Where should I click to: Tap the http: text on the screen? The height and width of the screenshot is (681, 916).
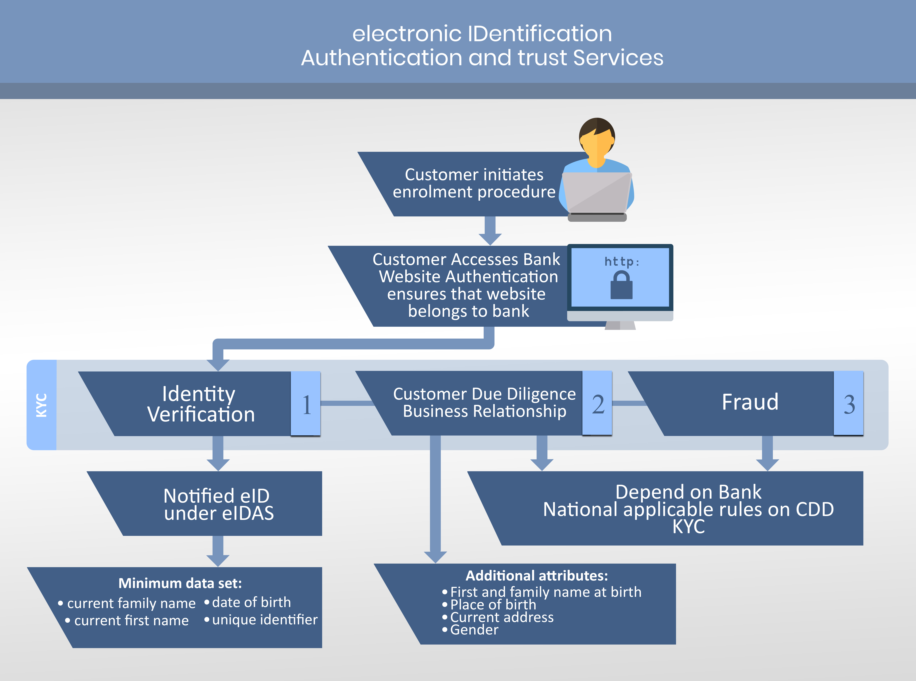coord(622,261)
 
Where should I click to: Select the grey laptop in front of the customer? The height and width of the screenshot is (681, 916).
coord(596,194)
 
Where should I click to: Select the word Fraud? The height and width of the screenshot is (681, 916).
coord(750,402)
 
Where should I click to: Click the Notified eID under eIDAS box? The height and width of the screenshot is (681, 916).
coord(219,504)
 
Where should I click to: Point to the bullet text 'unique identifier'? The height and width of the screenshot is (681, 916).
coord(264,620)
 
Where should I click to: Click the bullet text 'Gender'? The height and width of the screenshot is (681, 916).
coord(474,630)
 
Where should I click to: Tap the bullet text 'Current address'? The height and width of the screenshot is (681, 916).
coord(501,617)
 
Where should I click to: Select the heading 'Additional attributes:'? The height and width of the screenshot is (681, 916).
coord(537,575)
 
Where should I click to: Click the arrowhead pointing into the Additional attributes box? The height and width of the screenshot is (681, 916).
coord(435,556)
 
